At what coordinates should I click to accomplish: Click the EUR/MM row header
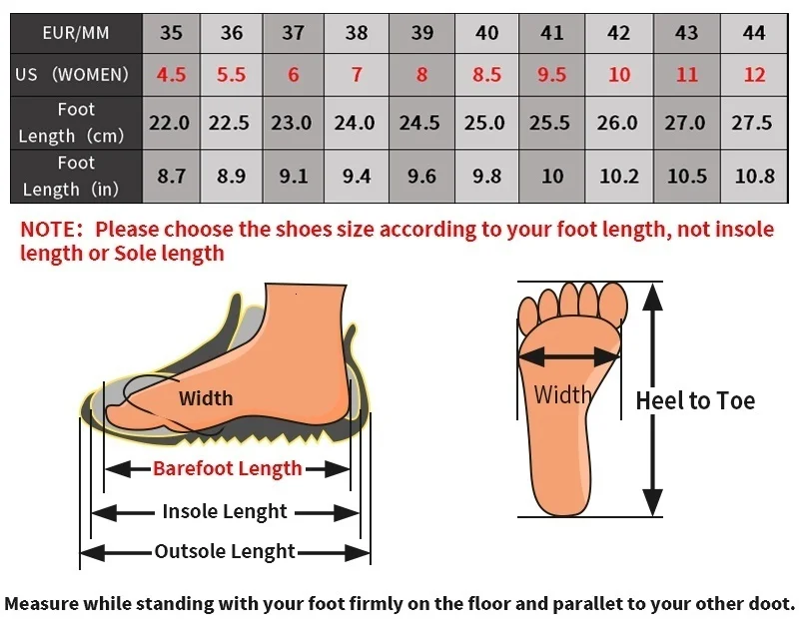coord(76,33)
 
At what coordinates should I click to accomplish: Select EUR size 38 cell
coord(357,33)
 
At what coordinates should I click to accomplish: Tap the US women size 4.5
coord(171,75)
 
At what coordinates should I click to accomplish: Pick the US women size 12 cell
coord(754,75)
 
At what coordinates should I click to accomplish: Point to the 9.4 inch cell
coord(357,176)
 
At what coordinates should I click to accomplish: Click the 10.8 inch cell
coord(754,176)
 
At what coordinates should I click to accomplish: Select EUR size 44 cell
coord(754,33)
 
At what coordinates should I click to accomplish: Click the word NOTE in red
coord(50,230)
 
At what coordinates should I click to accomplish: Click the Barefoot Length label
coord(227,468)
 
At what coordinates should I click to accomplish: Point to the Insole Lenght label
coord(225,512)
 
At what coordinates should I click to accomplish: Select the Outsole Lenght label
coord(225,551)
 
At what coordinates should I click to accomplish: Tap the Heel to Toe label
coord(695,401)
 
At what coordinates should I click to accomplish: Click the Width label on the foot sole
coord(562,394)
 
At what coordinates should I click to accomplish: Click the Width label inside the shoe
coord(206,398)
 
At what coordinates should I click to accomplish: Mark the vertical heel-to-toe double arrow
coord(652,399)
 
